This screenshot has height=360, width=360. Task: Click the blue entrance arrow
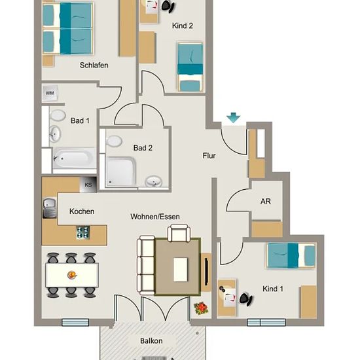point(233,118)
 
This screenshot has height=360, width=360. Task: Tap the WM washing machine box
point(50,93)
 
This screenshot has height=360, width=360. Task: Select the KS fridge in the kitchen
point(88,185)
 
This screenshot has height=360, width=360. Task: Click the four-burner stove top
point(83,232)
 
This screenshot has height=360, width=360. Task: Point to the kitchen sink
point(49,207)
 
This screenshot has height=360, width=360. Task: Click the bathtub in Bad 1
point(74,158)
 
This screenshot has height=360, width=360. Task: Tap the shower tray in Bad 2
point(121,171)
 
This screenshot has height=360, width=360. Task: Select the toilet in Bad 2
point(114,141)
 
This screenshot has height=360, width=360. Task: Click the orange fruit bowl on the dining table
point(72,275)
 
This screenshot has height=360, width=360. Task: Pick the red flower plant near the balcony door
point(201,308)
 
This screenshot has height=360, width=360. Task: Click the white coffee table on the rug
point(181,270)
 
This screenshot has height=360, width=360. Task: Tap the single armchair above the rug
point(179,233)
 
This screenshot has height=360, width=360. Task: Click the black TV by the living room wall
point(206,272)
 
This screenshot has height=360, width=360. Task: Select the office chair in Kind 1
point(246,299)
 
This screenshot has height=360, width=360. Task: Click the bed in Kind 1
point(291,256)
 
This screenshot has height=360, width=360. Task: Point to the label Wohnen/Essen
point(155,217)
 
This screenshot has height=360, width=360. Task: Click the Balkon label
point(151,341)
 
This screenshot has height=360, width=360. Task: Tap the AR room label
point(265,202)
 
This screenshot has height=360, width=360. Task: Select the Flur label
point(209,156)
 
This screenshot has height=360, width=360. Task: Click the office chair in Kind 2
point(168,6)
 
